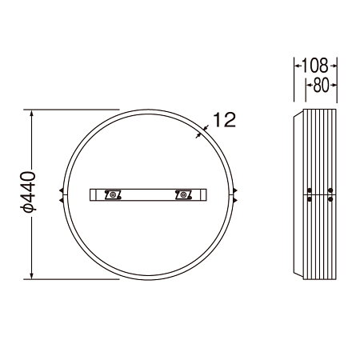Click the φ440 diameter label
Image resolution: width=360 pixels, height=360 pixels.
[28, 192]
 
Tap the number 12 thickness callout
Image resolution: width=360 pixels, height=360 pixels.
[225, 120]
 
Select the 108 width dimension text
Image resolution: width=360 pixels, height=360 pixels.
[315, 66]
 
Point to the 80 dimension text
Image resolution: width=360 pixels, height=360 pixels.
[321, 86]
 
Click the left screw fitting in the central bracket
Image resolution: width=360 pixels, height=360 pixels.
[113, 194]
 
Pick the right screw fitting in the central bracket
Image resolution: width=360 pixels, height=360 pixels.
[183, 194]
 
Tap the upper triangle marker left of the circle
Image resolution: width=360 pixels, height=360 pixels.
[62, 190]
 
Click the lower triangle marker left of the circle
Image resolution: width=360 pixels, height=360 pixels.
[62, 200]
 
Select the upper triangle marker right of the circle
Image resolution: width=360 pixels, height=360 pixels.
[235, 190]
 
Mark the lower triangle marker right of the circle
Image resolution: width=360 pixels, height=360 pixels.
[235, 200]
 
